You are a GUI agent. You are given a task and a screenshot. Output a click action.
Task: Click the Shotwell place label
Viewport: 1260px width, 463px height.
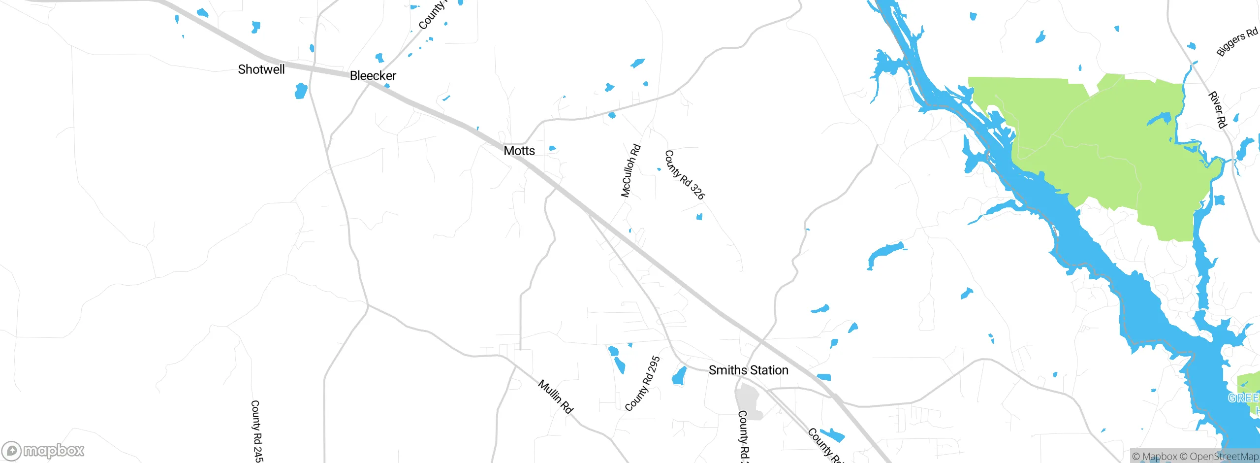(261, 69)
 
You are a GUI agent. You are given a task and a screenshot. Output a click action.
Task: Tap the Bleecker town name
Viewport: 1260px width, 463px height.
(373, 76)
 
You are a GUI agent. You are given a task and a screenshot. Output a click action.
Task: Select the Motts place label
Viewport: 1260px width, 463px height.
(519, 151)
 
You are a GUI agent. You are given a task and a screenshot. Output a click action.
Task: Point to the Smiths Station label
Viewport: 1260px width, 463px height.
(748, 370)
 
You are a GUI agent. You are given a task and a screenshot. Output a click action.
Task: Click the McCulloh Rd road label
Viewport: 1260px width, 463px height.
(630, 170)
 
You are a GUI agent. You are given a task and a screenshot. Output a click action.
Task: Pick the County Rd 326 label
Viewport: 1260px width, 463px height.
(685, 175)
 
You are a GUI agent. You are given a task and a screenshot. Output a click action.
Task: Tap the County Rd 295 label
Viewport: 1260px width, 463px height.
(642, 384)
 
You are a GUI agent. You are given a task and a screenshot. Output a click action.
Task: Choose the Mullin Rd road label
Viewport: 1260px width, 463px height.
(556, 397)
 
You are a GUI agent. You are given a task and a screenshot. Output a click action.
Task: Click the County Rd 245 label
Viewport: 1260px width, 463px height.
(256, 431)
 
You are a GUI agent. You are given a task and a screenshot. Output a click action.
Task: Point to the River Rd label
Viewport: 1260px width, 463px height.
(1217, 109)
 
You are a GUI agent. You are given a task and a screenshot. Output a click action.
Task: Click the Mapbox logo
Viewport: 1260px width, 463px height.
(43, 450)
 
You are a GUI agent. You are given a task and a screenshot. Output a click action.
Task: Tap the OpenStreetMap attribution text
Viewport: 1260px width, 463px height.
(1224, 457)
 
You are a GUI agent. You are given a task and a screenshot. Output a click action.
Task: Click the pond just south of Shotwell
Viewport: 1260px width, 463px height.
(301, 91)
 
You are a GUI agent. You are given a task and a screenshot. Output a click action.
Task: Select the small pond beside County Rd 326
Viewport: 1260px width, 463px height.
(699, 217)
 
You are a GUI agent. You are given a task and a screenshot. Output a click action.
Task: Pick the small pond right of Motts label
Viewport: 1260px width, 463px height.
(552, 148)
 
